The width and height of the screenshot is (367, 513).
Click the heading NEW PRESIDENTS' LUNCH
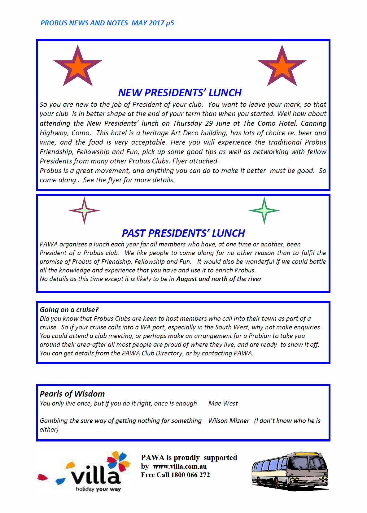(x=180, y=93)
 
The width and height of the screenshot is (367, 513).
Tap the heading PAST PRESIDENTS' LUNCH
(x=183, y=233)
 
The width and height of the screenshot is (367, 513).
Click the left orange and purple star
(x=78, y=66)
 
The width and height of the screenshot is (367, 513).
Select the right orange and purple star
(x=282, y=66)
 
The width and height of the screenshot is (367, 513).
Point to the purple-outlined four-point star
(x=84, y=211)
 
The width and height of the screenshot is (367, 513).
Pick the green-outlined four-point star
(x=264, y=211)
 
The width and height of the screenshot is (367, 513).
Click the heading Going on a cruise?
(x=69, y=310)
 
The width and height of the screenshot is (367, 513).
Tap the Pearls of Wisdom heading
(x=72, y=394)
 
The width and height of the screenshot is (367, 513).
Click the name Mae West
(x=223, y=403)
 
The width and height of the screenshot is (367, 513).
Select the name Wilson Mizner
(x=229, y=421)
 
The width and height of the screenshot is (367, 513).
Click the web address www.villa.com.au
(x=180, y=466)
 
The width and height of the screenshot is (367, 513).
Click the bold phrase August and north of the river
(x=219, y=279)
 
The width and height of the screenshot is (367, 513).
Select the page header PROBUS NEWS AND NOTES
(x=84, y=23)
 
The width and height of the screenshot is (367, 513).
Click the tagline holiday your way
(x=98, y=489)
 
